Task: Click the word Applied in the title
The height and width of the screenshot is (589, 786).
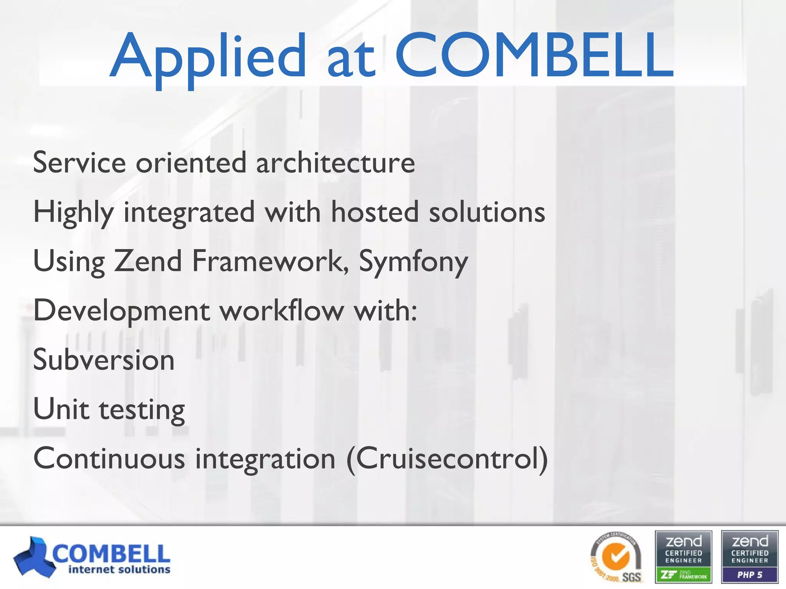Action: pos(207,58)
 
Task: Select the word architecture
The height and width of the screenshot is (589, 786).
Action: pos(335,163)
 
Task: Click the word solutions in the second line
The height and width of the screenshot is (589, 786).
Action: pos(487,212)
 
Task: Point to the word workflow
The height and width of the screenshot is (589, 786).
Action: pos(282,311)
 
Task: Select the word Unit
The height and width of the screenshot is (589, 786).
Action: pos(61,409)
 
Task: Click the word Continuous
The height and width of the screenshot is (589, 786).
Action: pos(109,459)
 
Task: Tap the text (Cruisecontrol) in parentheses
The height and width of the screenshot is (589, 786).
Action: pos(447,459)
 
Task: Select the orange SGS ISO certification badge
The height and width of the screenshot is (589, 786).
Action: pos(616,558)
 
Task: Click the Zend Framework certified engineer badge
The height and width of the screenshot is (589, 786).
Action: pos(683,557)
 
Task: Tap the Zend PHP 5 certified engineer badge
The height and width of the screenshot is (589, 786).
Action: pos(750,557)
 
